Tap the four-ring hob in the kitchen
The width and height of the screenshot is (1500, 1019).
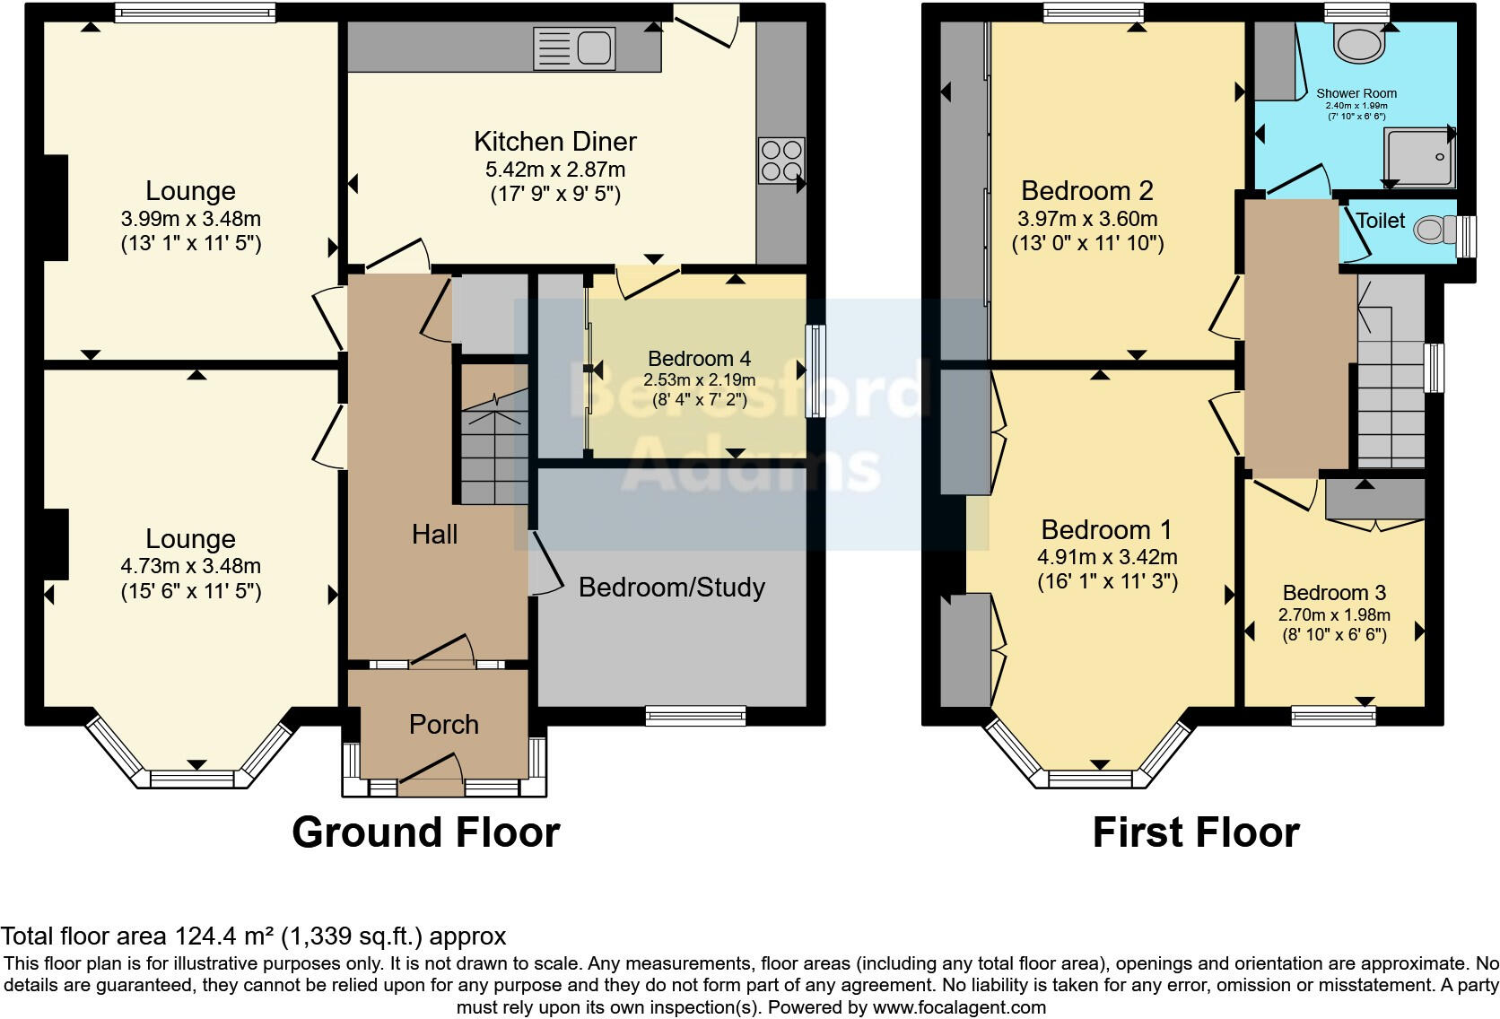[781, 161]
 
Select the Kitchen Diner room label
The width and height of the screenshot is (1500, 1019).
[554, 142]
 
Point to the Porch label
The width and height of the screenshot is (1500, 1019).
[443, 725]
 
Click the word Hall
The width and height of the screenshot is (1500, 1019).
[434, 535]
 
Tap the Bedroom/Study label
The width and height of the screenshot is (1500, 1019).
[671, 588]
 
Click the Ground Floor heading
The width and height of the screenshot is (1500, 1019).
[425, 832]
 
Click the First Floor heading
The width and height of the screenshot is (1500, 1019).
[1195, 832]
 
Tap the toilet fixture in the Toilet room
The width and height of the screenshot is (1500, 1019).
[1434, 231]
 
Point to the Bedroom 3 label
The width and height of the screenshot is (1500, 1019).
[1334, 593]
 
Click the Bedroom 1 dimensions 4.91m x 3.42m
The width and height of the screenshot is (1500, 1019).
[1106, 557]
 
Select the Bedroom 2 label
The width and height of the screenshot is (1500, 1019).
[1086, 191]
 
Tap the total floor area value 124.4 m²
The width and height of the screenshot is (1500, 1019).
[223, 936]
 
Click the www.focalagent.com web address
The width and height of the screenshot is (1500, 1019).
[958, 1007]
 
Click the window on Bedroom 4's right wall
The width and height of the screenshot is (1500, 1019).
[815, 371]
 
